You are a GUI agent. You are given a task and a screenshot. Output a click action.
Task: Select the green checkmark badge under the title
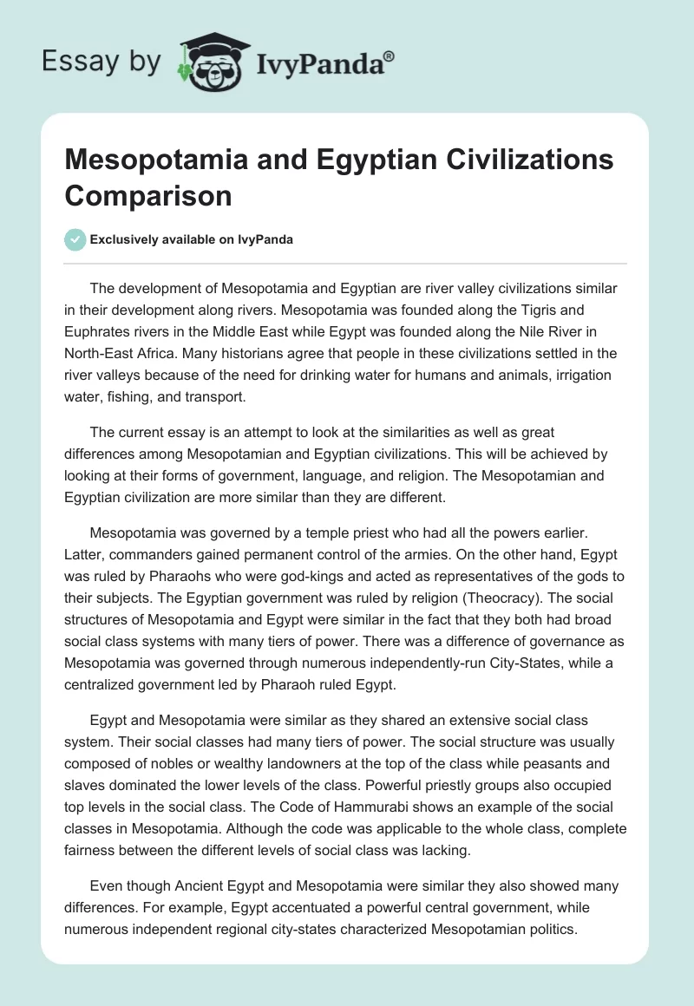[75, 239]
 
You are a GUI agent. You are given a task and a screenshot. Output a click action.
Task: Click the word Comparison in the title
[148, 195]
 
